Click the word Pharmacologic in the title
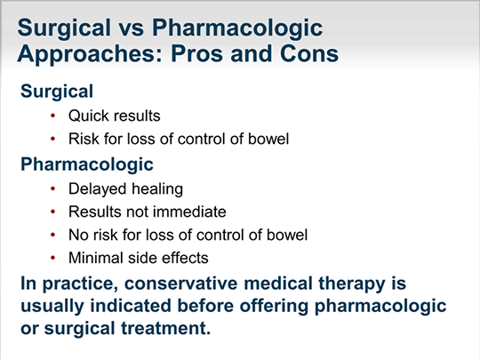pos(237,28)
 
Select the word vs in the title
pos(132,28)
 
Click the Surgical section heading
pos(57,92)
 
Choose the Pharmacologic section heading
pos(87,164)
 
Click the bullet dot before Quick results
pos(53,116)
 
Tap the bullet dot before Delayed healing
pos(53,188)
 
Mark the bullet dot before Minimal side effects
pos(53,258)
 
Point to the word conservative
pos(181,284)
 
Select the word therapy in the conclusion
pos(352,284)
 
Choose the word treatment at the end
pos(166,329)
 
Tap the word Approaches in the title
pos(90,54)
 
